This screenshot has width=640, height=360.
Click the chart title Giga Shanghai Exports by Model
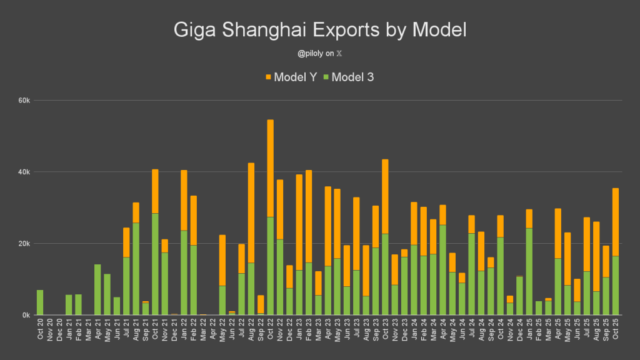coord(319,30)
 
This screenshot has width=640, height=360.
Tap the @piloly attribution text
coord(319,54)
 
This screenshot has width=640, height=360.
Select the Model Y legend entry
coord(291,77)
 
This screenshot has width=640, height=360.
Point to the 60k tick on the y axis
coord(24,101)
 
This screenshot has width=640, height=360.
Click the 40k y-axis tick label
coord(24,172)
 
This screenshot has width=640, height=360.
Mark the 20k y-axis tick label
coord(24,244)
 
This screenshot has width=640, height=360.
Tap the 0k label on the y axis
coord(26,315)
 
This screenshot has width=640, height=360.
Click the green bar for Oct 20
coord(40,302)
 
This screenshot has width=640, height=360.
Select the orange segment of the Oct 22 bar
coord(270,168)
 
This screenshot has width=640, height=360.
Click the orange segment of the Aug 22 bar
coord(251,212)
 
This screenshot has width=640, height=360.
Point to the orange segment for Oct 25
coord(616,222)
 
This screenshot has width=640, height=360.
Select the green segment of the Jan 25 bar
coord(529,272)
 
